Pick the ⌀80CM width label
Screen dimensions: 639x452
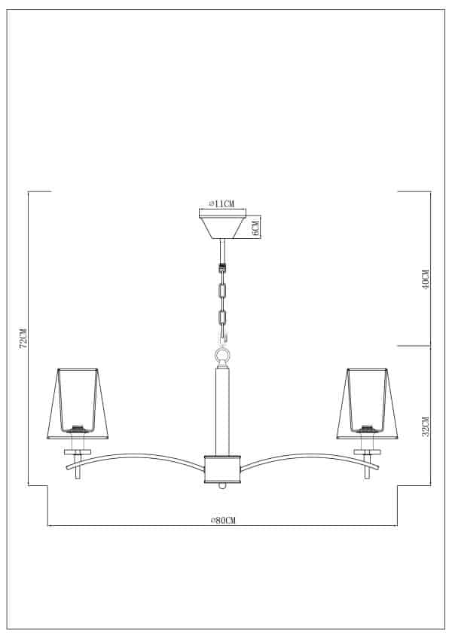click(x=222, y=519)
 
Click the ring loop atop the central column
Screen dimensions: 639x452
click(x=222, y=355)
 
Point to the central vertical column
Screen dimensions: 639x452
click(x=222, y=411)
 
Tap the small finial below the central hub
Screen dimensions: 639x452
click(x=222, y=488)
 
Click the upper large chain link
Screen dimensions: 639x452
click(x=222, y=290)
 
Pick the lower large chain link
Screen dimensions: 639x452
click(x=222, y=317)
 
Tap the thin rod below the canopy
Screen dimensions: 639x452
click(x=222, y=250)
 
